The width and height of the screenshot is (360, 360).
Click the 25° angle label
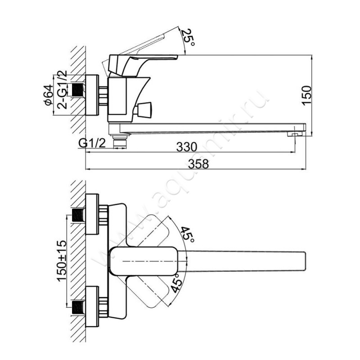click(188, 38)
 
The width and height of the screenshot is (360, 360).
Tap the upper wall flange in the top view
click(92, 214)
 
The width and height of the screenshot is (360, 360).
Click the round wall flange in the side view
click(92, 95)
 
